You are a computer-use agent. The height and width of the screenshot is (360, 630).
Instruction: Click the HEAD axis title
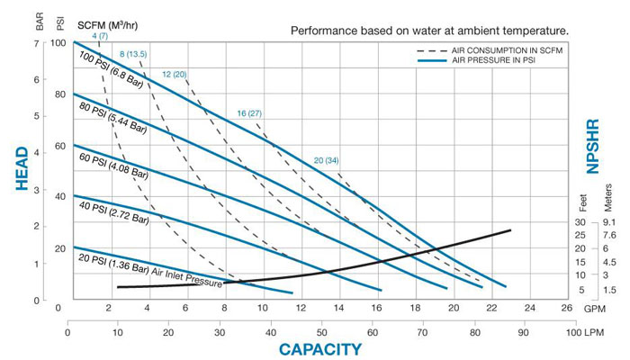[22, 171]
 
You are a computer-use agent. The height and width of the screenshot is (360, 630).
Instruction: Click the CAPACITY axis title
[320, 348]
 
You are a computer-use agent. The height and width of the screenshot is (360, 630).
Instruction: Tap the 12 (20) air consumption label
[174, 74]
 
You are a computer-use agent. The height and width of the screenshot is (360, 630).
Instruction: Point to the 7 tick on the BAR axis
[40, 42]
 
